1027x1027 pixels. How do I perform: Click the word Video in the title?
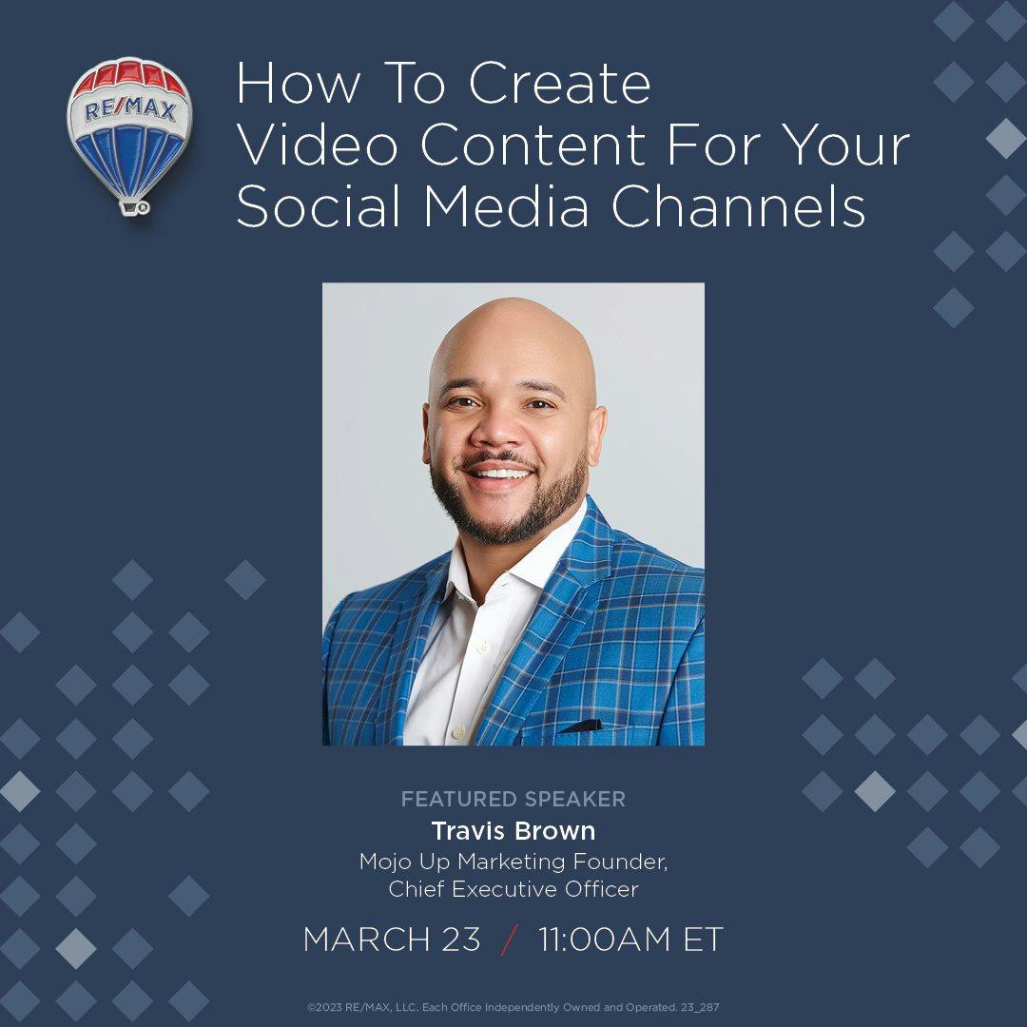pos(317,145)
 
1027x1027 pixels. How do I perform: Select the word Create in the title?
pos(559,83)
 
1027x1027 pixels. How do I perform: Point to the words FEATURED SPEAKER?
pos(513,799)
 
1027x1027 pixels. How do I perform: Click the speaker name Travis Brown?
pos(513,831)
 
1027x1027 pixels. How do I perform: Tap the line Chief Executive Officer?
pos(513,889)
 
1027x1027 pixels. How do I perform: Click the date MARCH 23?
pos(392,940)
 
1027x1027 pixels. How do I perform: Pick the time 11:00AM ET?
pos(630,940)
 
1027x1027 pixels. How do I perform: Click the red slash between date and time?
pos(510,940)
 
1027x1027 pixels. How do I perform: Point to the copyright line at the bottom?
pos(513,1007)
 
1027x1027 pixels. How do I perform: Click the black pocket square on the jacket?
pos(580,727)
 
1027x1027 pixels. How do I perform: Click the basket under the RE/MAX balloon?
pos(134,207)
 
